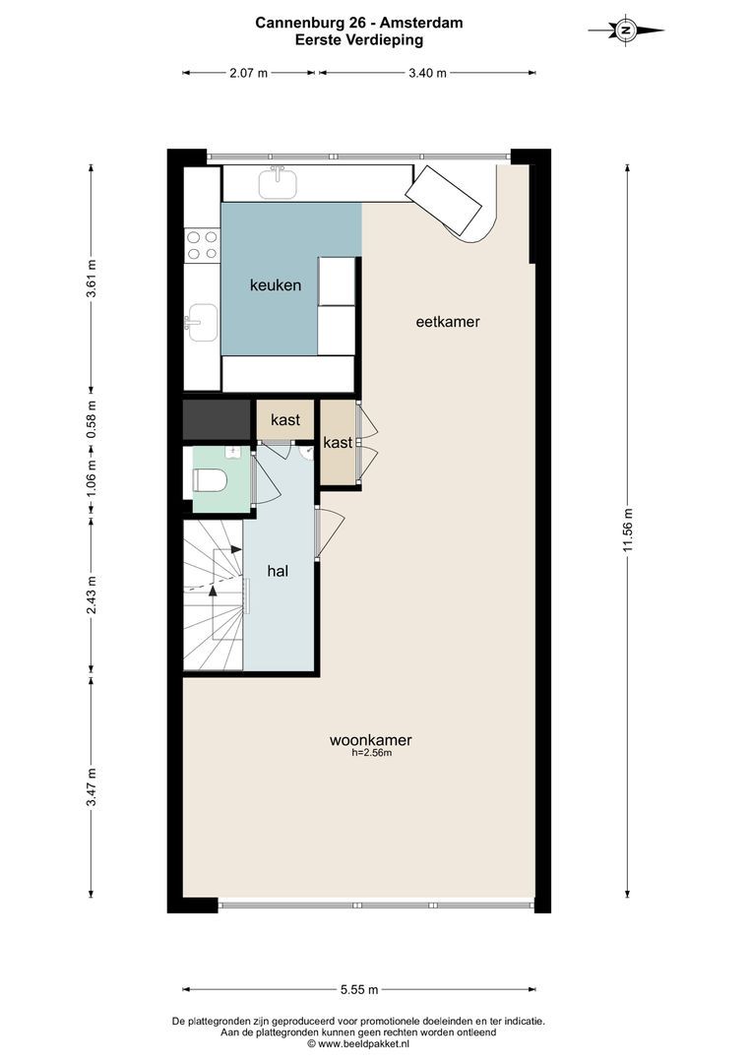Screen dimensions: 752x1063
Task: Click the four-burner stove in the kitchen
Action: (202, 245)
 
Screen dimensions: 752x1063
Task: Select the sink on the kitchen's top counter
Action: (278, 182)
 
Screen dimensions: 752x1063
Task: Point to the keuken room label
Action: (276, 284)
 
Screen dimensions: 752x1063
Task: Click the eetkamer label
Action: (448, 321)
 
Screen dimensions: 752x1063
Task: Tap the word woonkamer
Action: (370, 739)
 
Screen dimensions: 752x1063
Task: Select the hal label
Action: (278, 571)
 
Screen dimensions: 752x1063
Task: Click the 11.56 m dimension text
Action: (628, 530)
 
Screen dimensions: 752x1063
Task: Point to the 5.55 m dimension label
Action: (359, 989)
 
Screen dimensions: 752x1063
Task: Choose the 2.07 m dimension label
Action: (248, 73)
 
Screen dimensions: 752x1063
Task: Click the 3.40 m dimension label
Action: (427, 73)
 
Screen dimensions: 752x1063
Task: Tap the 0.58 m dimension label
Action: (93, 418)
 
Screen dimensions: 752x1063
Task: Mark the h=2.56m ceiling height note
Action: (372, 752)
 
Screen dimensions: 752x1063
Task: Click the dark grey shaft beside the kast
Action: (217, 419)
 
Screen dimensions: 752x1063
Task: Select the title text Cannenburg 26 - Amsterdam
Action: (358, 23)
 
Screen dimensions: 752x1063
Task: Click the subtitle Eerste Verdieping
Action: (358, 39)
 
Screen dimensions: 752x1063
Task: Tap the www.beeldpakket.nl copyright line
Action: (358, 1044)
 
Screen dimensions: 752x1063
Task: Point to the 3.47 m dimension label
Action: (93, 786)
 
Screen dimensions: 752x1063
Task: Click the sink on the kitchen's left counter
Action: (202, 323)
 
